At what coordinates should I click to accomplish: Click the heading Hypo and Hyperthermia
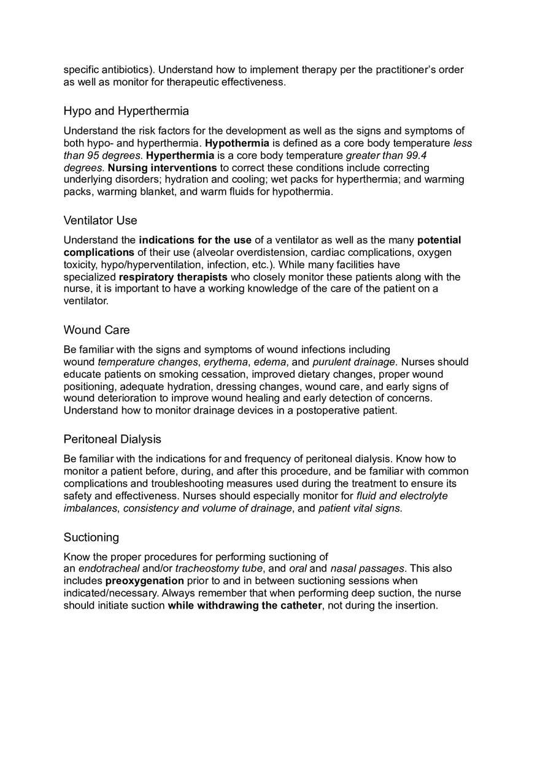pyautogui.click(x=126, y=111)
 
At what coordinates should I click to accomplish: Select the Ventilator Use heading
pyautogui.click(x=100, y=220)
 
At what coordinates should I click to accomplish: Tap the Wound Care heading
pyautogui.click(x=96, y=330)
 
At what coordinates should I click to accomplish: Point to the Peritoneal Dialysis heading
pyautogui.click(x=112, y=439)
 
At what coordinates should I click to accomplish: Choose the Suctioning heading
pyautogui.click(x=91, y=537)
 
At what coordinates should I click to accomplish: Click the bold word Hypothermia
pyautogui.click(x=237, y=143)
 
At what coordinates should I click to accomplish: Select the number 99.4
pyautogui.click(x=416, y=155)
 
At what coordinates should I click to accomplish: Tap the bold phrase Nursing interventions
pyautogui.click(x=163, y=167)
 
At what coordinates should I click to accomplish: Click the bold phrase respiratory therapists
pyautogui.click(x=173, y=277)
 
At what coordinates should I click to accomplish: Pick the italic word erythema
pyautogui.click(x=226, y=362)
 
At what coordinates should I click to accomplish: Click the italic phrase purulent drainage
pyautogui.click(x=353, y=362)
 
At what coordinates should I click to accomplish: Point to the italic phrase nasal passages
pyautogui.click(x=367, y=569)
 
